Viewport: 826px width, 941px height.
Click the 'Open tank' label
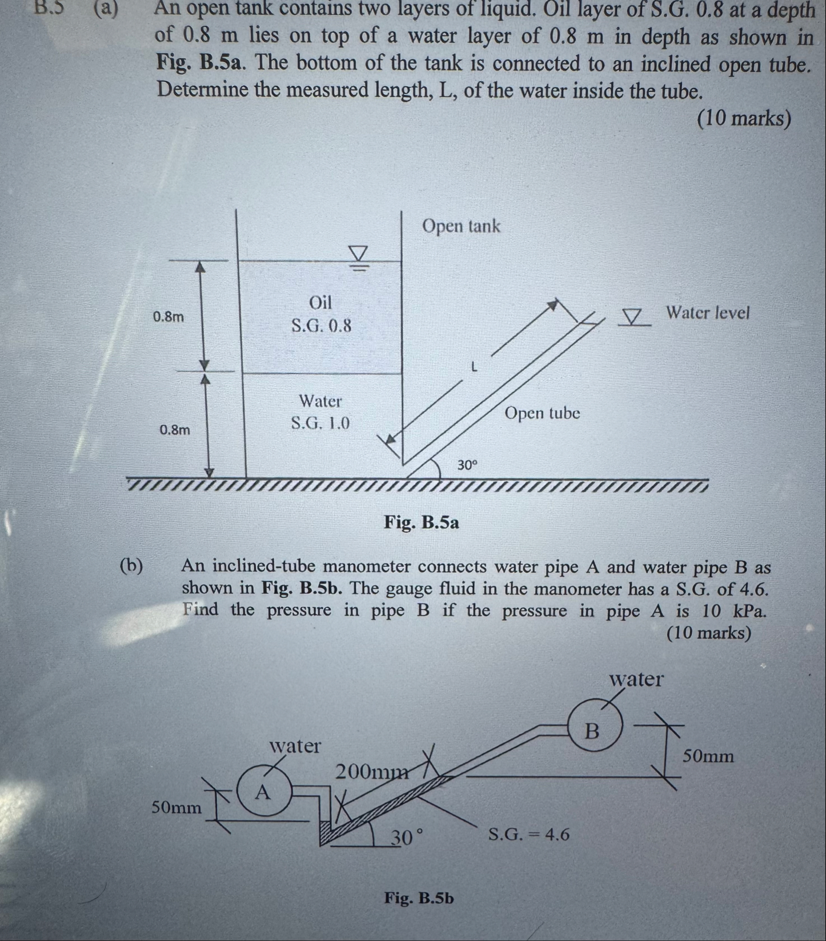[461, 226]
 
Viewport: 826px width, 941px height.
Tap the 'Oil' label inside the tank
[320, 302]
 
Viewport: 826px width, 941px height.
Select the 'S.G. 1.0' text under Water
[320, 423]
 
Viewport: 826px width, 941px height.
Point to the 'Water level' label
[707, 313]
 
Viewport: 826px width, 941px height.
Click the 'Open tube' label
[542, 413]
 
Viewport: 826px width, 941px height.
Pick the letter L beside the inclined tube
[474, 367]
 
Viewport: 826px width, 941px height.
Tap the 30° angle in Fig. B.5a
[467, 465]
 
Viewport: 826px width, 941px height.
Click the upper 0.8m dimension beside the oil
[169, 316]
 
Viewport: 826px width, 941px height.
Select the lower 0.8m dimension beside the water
[175, 429]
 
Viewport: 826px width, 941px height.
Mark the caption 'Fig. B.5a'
[421, 522]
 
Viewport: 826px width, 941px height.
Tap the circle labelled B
[593, 730]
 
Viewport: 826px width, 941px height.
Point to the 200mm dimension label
[372, 772]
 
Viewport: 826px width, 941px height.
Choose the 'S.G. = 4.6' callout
[529, 834]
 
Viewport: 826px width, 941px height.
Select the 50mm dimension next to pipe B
[708, 756]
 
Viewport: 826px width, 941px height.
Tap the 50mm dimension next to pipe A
[177, 807]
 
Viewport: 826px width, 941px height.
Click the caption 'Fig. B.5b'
[419, 898]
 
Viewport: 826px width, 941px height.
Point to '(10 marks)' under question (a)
[744, 118]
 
